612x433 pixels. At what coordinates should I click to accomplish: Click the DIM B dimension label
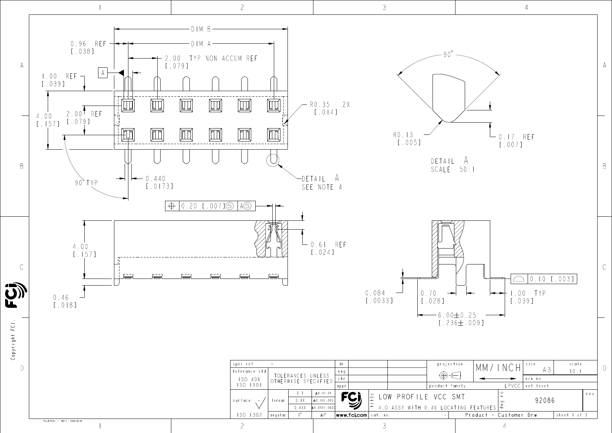click(201, 29)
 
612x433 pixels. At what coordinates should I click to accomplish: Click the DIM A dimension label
click(201, 44)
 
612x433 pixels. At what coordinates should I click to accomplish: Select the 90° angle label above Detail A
click(448, 54)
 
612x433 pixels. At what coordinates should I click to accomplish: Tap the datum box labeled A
click(103, 73)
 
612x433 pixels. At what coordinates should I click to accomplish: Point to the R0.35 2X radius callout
click(329, 109)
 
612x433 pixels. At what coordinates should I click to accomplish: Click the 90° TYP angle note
click(86, 183)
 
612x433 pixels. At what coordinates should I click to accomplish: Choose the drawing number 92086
click(545, 400)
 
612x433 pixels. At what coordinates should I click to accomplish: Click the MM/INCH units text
click(498, 368)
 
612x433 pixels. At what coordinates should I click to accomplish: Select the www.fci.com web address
click(352, 415)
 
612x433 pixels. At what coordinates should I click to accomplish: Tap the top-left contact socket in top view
click(128, 105)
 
